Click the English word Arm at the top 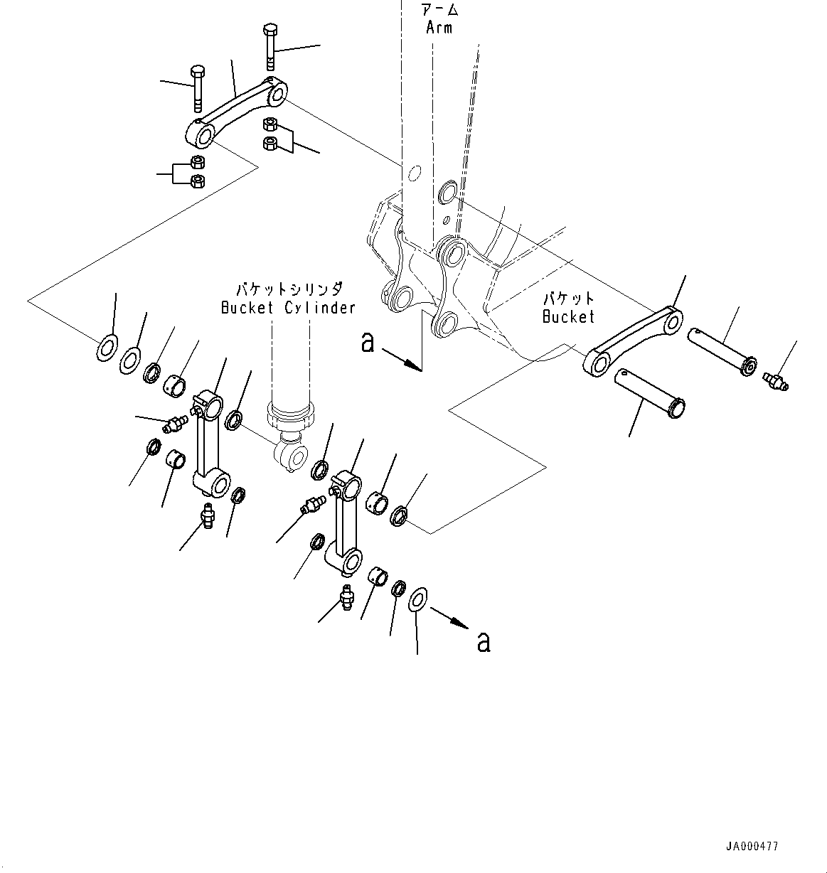(x=439, y=28)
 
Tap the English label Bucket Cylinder (x=288, y=308)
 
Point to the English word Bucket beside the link (x=568, y=316)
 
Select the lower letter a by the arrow (x=484, y=643)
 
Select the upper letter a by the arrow (x=368, y=343)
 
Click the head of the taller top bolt (x=270, y=30)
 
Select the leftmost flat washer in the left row (x=107, y=348)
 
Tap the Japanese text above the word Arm (x=439, y=9)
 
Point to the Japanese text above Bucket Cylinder (x=289, y=290)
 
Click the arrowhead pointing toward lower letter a (x=460, y=625)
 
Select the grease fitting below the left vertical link (x=208, y=515)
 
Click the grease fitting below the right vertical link (x=347, y=597)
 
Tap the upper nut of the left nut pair (x=197, y=162)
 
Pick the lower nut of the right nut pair (x=270, y=144)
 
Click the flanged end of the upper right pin (x=748, y=365)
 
